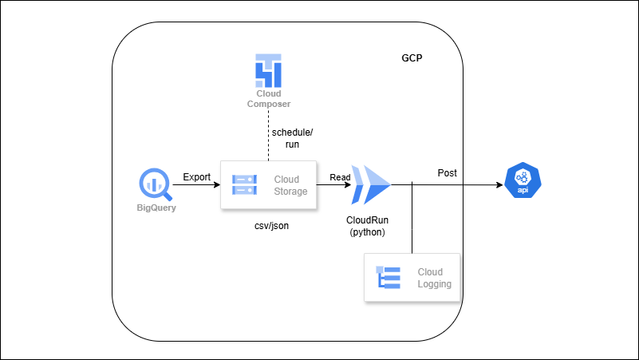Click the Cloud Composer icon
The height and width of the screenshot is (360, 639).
267,70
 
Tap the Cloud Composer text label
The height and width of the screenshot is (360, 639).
268,99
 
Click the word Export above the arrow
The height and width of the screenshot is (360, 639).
197,176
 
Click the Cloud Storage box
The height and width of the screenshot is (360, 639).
268,185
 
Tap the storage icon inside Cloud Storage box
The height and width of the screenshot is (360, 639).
244,185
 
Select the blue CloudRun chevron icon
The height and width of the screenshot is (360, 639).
371,185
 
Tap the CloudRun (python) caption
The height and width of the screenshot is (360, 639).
367,225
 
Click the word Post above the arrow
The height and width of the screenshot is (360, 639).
448,173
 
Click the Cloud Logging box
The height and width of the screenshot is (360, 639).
413,278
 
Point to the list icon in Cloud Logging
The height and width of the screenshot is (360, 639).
389,278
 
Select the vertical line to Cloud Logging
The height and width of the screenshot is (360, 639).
412,220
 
